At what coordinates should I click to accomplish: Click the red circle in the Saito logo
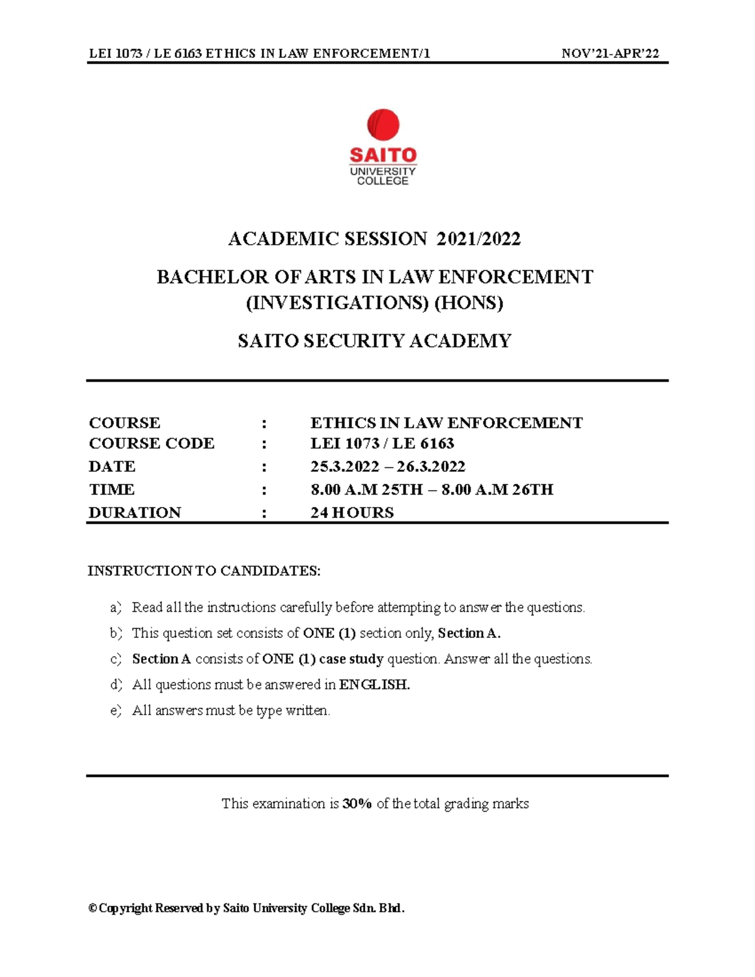[x=383, y=124]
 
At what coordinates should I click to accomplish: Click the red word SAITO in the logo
[x=383, y=155]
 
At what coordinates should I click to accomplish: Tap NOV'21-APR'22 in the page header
[x=610, y=53]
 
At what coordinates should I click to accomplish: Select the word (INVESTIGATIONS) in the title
[x=337, y=303]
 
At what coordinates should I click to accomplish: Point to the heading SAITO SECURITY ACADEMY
[x=374, y=341]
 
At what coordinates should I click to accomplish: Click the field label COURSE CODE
[x=152, y=444]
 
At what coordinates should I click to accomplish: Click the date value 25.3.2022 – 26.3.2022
[x=388, y=467]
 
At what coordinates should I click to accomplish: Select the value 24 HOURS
[x=352, y=513]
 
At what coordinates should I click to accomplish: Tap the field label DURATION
[x=135, y=513]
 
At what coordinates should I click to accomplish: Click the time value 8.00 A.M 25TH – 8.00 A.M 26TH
[x=432, y=489]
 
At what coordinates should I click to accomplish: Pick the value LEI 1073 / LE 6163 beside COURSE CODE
[x=382, y=444]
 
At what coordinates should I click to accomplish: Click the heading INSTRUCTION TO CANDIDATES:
[x=204, y=571]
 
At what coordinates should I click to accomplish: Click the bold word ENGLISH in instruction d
[x=374, y=684]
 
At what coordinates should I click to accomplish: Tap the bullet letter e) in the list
[x=115, y=711]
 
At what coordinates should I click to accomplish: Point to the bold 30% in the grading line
[x=357, y=803]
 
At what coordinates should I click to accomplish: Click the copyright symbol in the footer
[x=93, y=908]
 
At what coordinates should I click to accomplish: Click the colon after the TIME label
[x=264, y=490]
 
